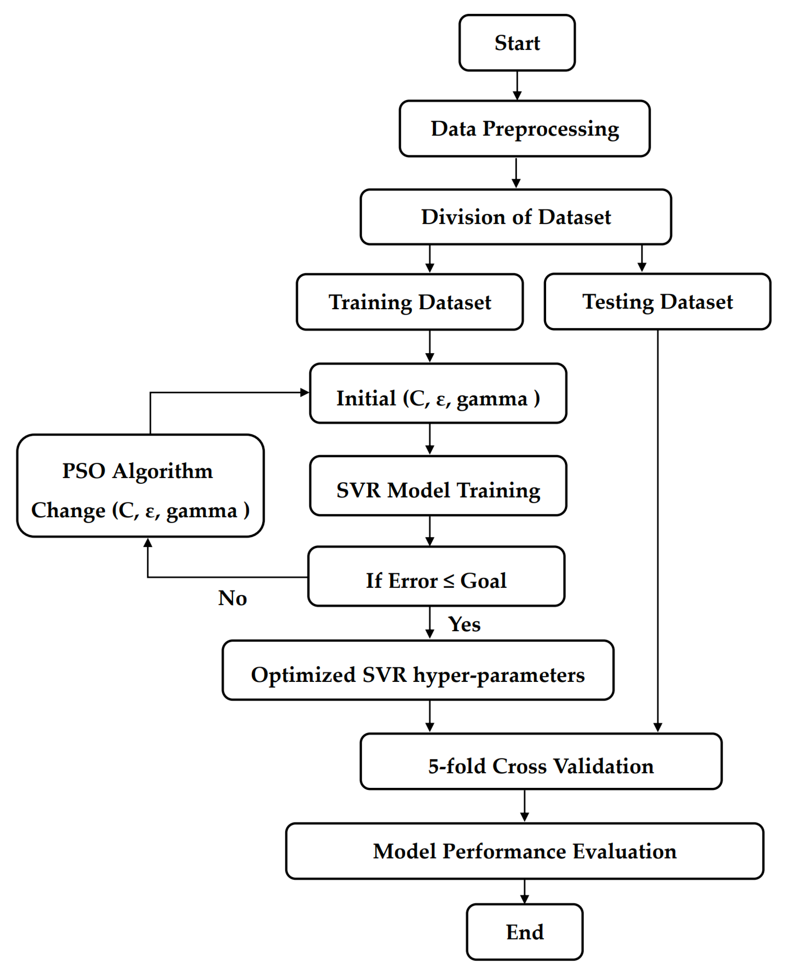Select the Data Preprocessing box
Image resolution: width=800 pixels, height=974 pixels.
tap(525, 129)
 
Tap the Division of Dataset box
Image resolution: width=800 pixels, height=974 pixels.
tap(516, 217)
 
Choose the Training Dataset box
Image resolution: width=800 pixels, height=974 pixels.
tap(410, 302)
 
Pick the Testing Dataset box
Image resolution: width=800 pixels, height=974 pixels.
tap(657, 302)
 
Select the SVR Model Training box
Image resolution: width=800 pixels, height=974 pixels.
tap(438, 490)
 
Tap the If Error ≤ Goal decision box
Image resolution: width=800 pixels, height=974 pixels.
tap(436, 580)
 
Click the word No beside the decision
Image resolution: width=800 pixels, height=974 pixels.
tap(232, 598)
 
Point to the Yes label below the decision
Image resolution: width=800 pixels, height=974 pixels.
tap(464, 624)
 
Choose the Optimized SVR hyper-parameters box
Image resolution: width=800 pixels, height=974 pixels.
tap(418, 675)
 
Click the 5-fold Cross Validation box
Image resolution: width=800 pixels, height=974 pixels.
tap(541, 766)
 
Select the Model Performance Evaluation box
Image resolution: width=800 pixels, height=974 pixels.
tap(525, 851)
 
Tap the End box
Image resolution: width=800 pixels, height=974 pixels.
tap(525, 932)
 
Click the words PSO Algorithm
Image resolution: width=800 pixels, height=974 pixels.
tap(137, 471)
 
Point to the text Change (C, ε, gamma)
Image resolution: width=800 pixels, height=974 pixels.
tap(140, 510)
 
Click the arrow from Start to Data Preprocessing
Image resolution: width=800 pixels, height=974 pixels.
tap(517, 85)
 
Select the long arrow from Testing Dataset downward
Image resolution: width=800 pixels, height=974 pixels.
tap(658, 530)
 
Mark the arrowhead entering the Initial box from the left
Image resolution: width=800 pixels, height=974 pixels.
tap(305, 393)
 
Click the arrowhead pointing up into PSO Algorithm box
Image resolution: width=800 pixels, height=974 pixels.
tap(147, 543)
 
